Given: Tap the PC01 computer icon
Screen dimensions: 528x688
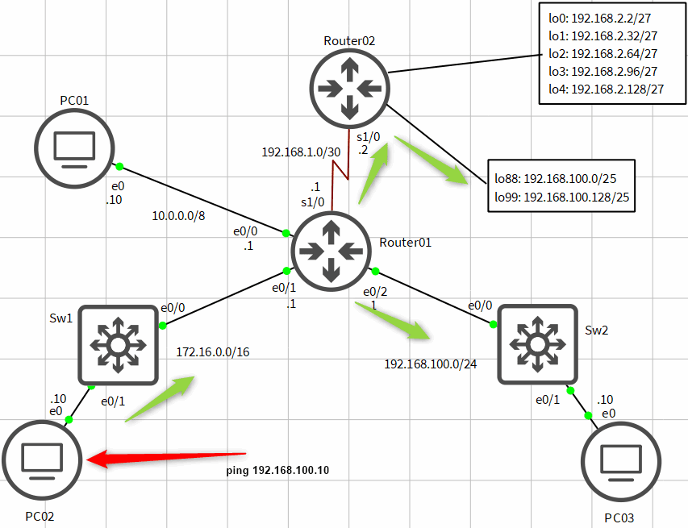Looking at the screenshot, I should (74, 148).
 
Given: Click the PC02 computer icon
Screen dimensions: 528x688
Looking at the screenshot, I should (41, 460).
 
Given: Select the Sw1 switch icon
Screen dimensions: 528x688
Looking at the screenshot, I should (119, 345).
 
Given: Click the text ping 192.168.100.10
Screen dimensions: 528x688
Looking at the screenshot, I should (278, 470).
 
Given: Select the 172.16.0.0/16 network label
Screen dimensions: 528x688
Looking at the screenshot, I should (213, 352).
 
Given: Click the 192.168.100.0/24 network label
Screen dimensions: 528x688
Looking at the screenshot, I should (430, 364).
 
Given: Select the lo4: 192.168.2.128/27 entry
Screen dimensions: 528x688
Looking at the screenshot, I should (606, 89).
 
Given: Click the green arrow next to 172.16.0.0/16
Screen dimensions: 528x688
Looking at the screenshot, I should (161, 397).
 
